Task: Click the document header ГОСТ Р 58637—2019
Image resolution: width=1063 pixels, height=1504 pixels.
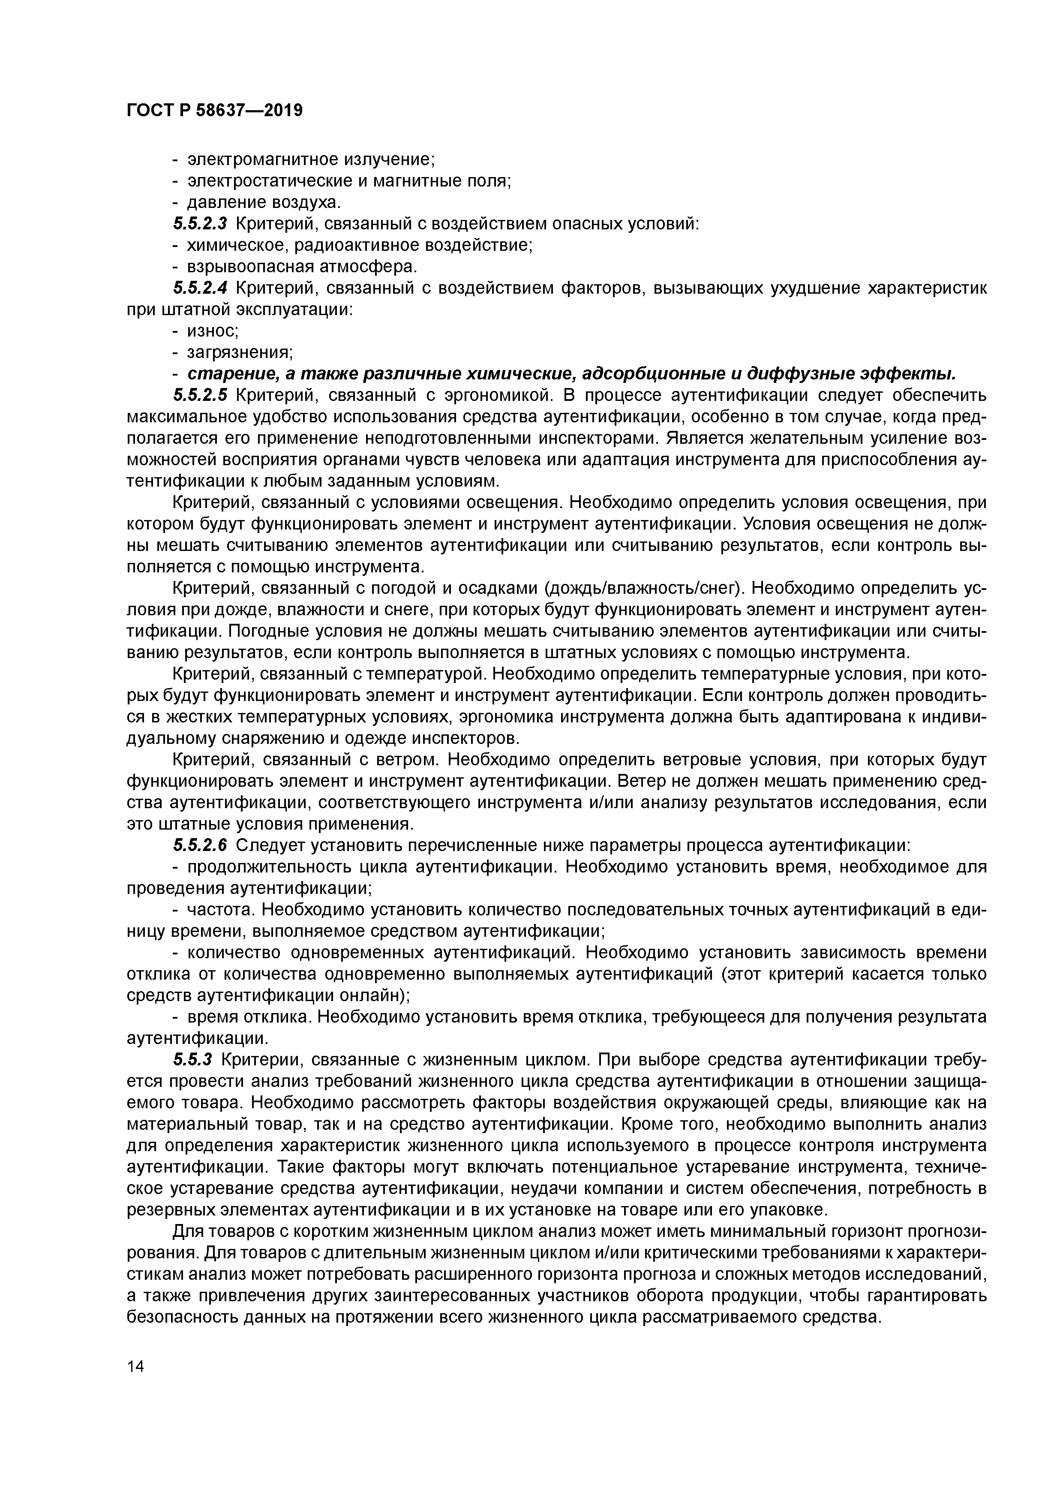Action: [x=214, y=111]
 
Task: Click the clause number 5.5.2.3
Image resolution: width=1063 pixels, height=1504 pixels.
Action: [x=200, y=224]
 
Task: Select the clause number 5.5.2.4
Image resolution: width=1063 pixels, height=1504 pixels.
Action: [x=200, y=288]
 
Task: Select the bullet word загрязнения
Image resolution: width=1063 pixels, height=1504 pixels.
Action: [x=239, y=352]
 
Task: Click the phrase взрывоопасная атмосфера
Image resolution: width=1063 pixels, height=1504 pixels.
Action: [x=302, y=267]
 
